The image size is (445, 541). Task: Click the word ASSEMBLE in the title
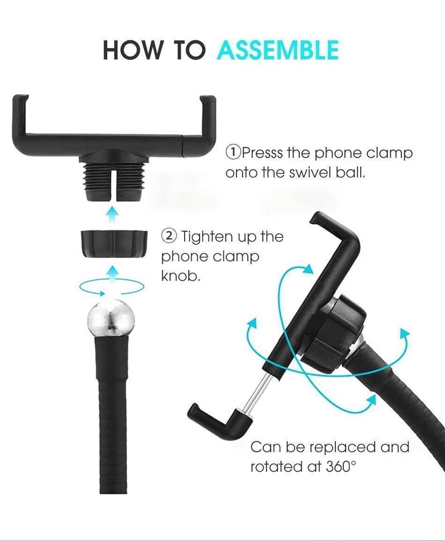278,51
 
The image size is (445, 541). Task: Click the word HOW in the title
133,51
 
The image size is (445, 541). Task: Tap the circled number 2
169,236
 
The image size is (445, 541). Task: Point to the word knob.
180,276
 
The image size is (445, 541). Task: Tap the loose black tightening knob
114,244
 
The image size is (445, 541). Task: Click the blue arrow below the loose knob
111,274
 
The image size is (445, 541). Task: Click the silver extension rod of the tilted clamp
257,392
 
